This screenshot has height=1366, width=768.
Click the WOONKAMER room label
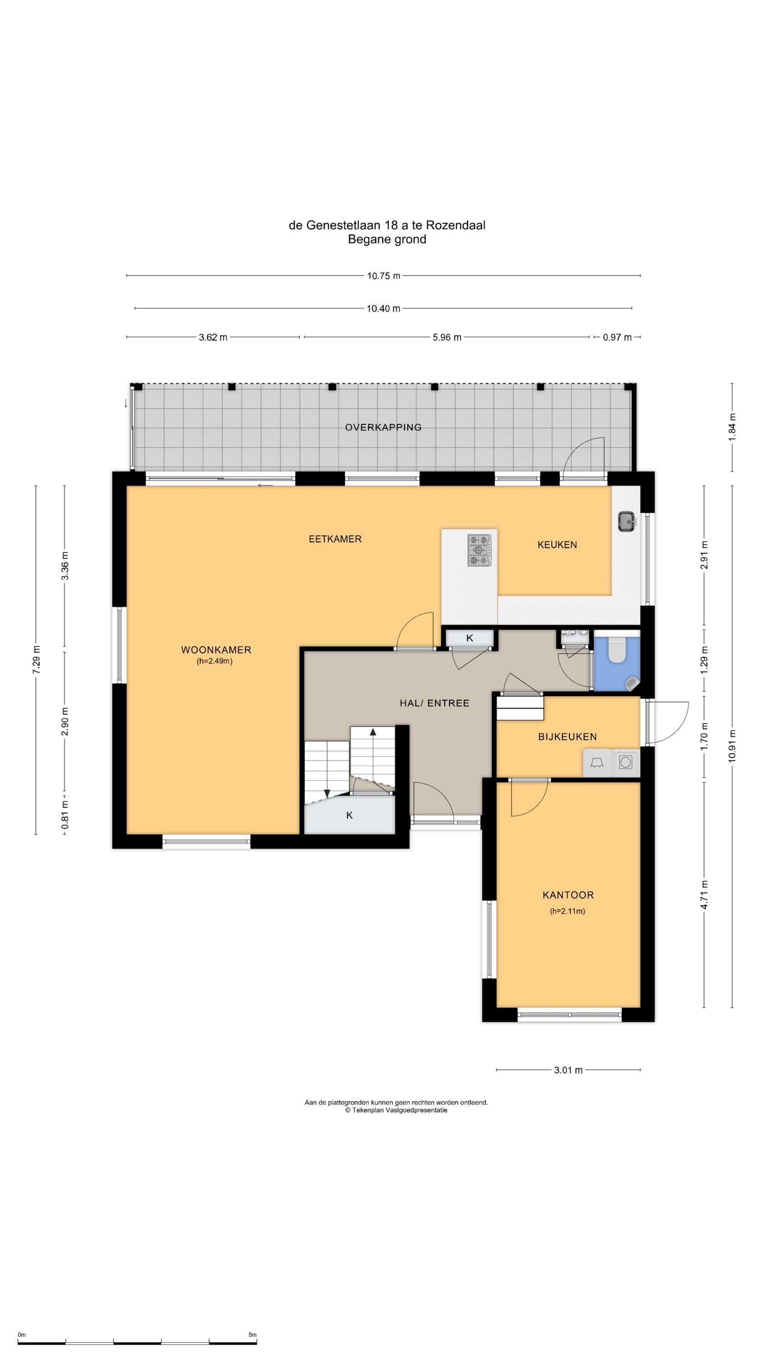tap(216, 650)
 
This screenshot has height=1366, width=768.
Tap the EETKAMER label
tap(335, 539)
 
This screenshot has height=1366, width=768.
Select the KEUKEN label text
tap(557, 545)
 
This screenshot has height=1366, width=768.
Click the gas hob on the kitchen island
tap(480, 550)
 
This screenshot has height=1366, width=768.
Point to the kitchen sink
tap(627, 521)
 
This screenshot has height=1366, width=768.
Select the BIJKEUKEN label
tap(567, 737)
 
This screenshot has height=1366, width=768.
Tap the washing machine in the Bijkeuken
tap(626, 763)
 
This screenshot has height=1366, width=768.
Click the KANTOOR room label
tap(568, 895)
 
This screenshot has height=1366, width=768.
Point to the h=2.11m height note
tap(567, 912)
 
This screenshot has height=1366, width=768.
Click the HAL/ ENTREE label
tap(434, 703)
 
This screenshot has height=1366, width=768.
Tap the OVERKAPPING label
tap(383, 428)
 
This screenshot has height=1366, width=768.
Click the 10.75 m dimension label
tap(384, 276)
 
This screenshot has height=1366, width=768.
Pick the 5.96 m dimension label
tap(447, 337)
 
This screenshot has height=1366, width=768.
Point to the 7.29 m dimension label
tap(36, 660)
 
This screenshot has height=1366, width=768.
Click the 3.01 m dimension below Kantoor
tap(568, 1070)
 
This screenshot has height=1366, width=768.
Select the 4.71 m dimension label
tap(704, 895)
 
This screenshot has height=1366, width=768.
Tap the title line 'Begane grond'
tap(387, 239)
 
